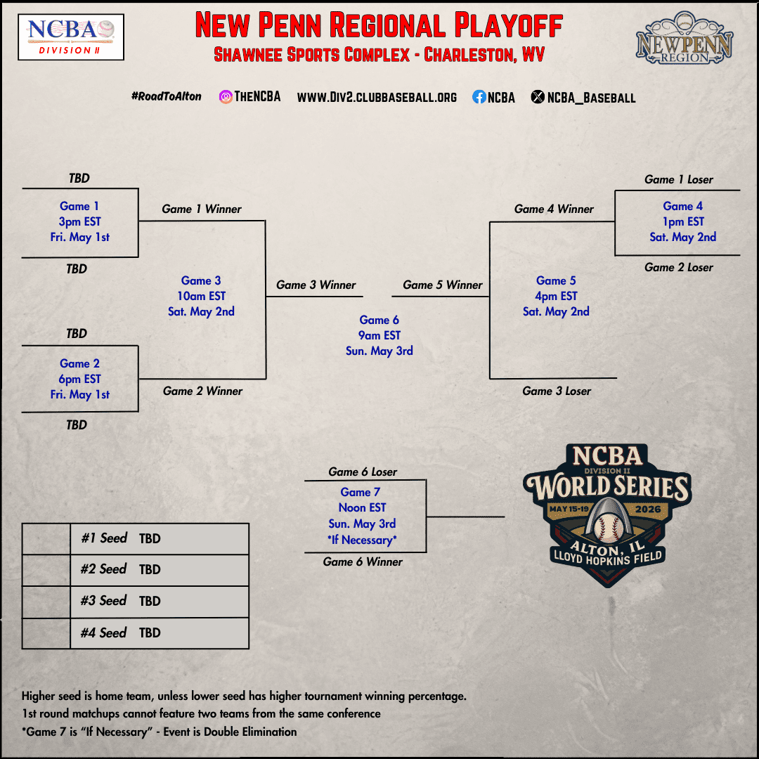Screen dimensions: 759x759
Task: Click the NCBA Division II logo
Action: [71, 37]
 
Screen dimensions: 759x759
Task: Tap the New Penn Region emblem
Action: [685, 38]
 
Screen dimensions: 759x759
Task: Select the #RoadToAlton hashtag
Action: [166, 96]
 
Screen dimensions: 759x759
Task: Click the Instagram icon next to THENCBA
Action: [226, 97]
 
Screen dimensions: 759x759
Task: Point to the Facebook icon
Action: [479, 97]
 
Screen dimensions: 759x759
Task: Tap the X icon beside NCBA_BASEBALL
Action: [538, 97]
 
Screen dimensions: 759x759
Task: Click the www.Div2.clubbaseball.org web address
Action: [377, 97]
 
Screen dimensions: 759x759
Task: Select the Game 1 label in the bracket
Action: [79, 206]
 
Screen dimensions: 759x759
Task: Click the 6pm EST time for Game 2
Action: [80, 379]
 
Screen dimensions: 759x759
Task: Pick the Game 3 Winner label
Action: [316, 285]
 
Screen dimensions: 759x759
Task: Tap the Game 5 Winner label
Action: [443, 285]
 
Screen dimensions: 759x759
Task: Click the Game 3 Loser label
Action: [557, 391]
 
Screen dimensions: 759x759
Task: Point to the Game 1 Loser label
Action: [679, 180]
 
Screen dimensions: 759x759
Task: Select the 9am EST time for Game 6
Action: [379, 335]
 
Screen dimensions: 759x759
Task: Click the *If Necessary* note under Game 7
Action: [362, 540]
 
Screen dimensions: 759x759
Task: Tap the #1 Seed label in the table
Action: [104, 538]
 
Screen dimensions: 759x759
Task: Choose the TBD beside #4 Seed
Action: [150, 632]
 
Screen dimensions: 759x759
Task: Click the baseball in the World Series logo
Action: [609, 528]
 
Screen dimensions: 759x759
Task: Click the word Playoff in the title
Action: [508, 25]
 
